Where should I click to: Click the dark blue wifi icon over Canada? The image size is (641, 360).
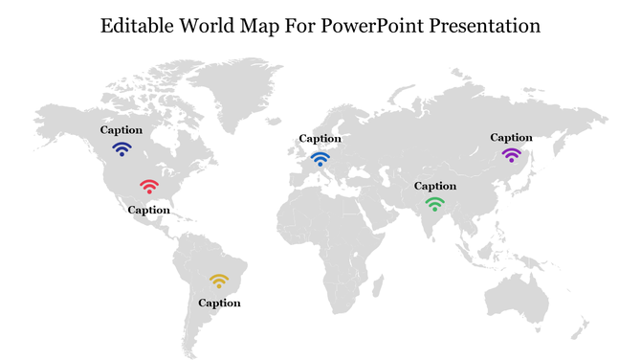tap(122, 149)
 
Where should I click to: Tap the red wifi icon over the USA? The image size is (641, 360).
tap(149, 186)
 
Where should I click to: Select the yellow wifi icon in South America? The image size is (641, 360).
tap(219, 281)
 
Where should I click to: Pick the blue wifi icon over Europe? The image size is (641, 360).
tap(320, 158)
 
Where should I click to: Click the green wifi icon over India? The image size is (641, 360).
tap(434, 204)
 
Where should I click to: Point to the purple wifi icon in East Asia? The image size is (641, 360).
tap(511, 155)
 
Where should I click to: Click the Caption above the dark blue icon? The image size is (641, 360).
tap(122, 130)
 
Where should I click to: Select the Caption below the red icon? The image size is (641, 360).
tap(149, 210)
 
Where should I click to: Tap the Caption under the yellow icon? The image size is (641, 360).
tap(219, 304)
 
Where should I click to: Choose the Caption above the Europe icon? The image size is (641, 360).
tap(320, 139)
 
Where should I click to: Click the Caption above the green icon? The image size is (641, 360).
tap(434, 186)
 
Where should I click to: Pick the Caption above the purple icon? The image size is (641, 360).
tap(511, 138)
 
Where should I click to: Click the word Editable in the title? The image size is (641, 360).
tap(135, 26)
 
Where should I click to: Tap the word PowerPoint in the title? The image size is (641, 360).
tap(366, 26)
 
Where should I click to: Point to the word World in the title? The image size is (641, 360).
tap(209, 26)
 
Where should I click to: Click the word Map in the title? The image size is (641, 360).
tap(264, 26)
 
